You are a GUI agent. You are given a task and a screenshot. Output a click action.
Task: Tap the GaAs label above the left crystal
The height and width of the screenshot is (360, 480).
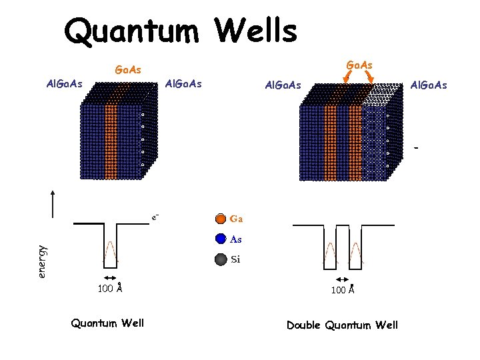[x=127, y=69]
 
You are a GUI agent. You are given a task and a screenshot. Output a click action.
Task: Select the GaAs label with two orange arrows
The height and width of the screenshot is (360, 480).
[x=359, y=64]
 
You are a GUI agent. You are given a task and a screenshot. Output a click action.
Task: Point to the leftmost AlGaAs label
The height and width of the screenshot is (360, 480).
[x=63, y=84]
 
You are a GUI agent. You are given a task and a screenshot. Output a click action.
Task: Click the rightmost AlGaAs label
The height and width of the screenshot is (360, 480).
[x=429, y=85]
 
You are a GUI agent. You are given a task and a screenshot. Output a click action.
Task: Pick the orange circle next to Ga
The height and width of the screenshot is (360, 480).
[x=221, y=219]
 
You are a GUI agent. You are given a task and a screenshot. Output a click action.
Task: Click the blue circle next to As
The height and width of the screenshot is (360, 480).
[x=221, y=239]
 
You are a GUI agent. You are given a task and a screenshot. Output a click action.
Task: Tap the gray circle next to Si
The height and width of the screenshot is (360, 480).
[x=221, y=260]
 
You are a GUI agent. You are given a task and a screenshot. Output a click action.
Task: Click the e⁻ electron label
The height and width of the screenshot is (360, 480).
[x=155, y=217]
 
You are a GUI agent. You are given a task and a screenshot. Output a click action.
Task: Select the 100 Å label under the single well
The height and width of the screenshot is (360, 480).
[x=109, y=289]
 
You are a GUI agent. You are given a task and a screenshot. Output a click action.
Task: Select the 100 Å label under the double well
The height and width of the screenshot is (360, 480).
[x=342, y=290]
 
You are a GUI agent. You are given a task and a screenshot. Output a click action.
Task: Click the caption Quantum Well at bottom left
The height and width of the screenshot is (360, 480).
[x=107, y=323]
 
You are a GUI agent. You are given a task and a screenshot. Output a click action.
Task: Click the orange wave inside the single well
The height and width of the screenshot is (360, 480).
[x=110, y=251]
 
